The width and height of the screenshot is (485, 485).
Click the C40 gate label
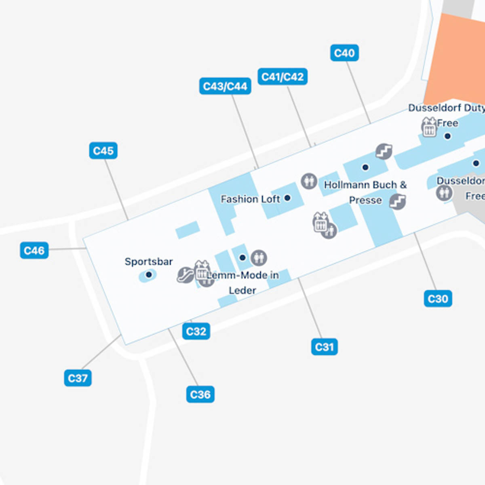[344, 53]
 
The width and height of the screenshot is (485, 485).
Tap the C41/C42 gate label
[283, 76]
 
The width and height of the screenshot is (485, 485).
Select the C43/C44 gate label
[225, 86]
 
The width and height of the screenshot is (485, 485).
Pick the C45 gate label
[103, 151]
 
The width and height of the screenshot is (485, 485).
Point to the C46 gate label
[34, 251]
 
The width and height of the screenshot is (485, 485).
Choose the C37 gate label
[78, 378]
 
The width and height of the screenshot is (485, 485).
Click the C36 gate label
[200, 394]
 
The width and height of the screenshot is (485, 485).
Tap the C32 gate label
[196, 331]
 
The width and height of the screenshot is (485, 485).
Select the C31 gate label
[324, 347]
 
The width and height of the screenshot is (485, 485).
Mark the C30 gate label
[438, 299]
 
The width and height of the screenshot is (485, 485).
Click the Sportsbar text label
[149, 261]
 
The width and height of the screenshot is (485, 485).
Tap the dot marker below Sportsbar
[148, 275]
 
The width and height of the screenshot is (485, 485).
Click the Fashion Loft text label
[250, 199]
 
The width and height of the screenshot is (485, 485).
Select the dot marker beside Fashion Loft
[287, 198]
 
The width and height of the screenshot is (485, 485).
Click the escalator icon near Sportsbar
[185, 275]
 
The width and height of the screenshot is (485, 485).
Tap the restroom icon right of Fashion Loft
[309, 181]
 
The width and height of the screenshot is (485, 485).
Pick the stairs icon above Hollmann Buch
[384, 152]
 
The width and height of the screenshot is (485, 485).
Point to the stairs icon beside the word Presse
[397, 201]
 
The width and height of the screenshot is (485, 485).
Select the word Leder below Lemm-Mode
[242, 290]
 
